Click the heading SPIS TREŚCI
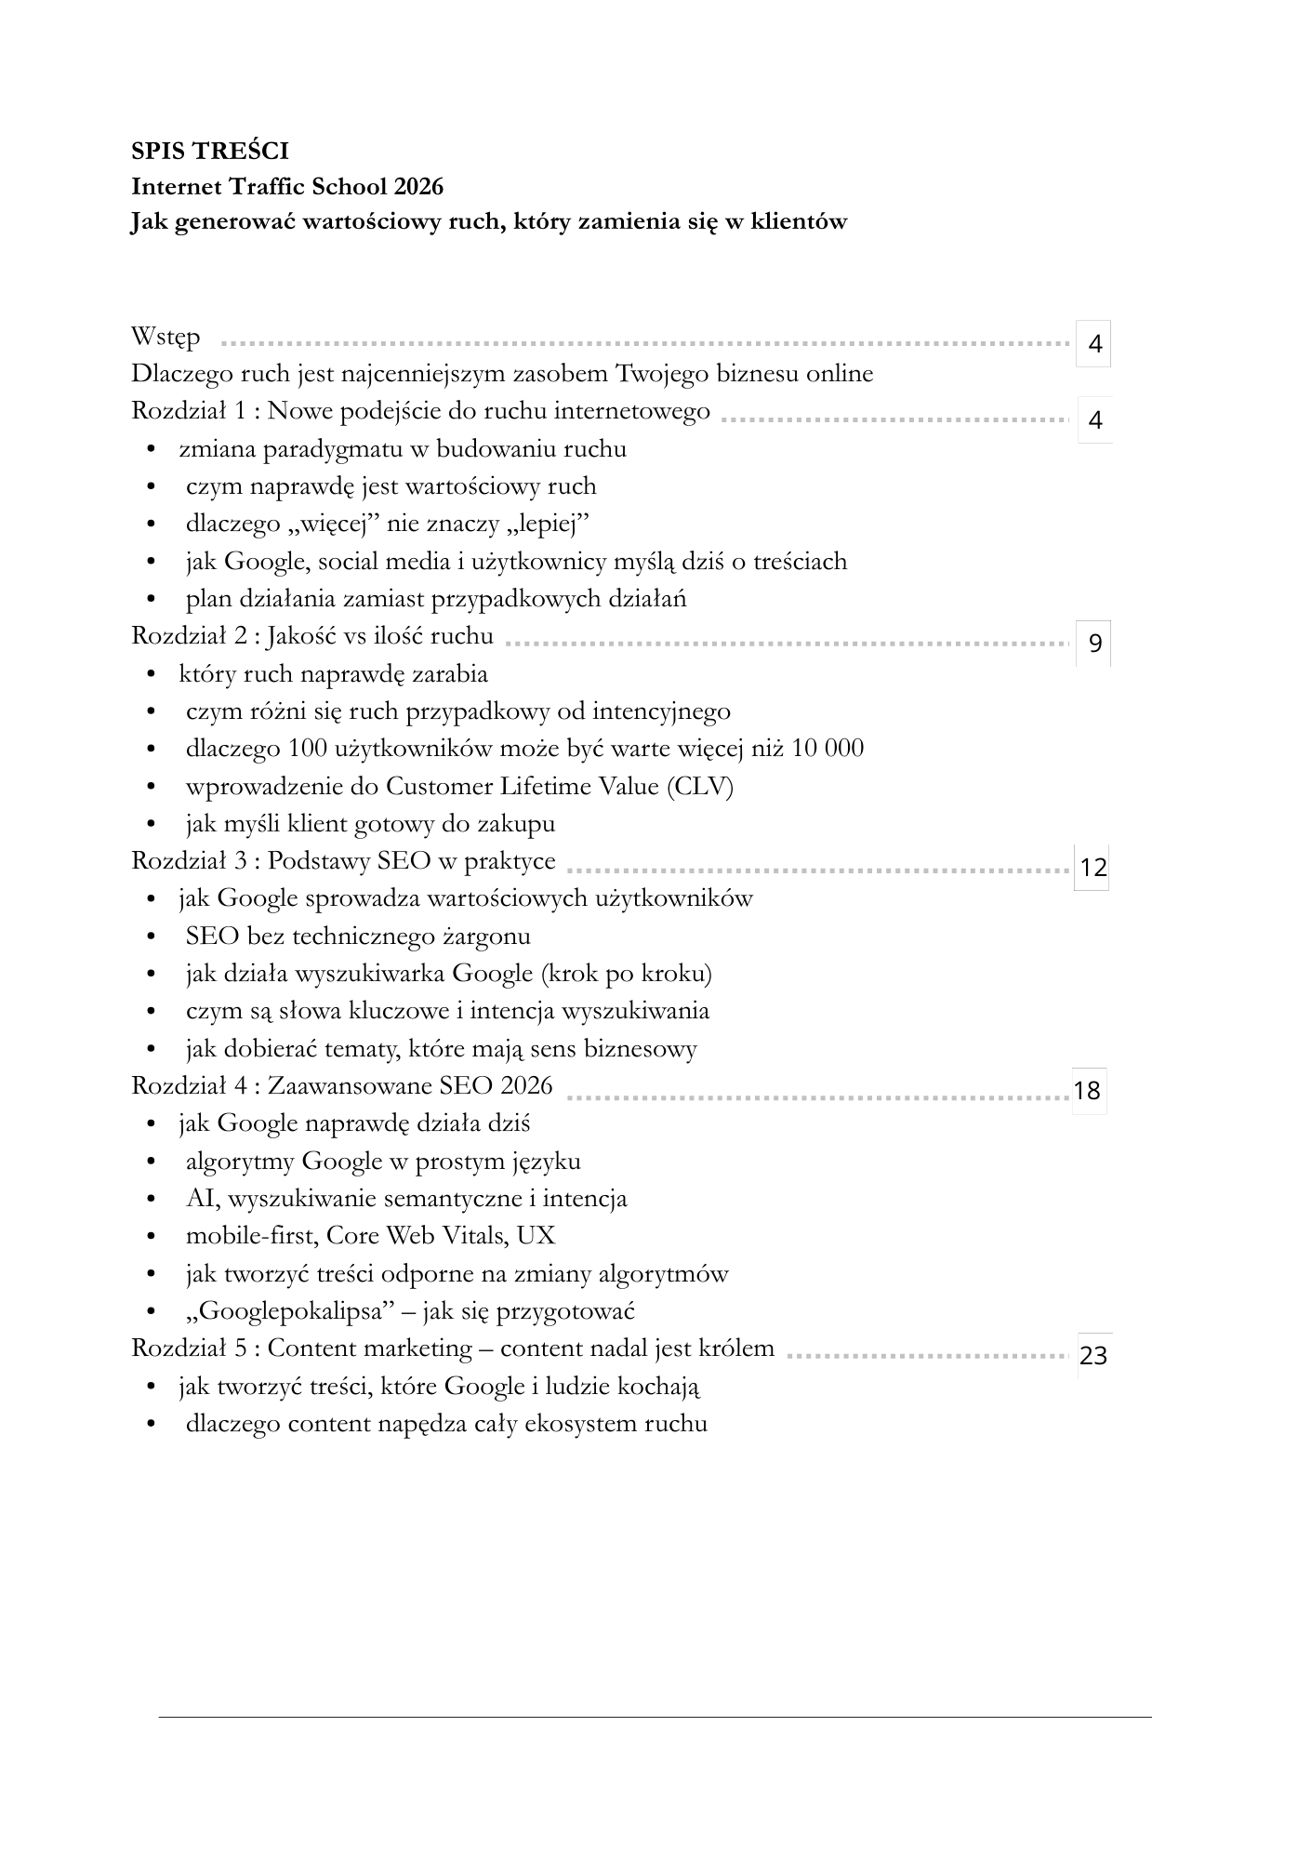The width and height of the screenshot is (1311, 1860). pyautogui.click(x=210, y=151)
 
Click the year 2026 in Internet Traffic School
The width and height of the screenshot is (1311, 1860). pyautogui.click(x=417, y=187)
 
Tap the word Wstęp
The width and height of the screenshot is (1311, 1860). pyautogui.click(x=166, y=337)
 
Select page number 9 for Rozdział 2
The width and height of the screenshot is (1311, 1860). pyautogui.click(x=1094, y=643)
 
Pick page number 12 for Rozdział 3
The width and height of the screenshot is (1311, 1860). pyautogui.click(x=1093, y=868)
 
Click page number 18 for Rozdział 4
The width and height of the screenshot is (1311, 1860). pyautogui.click(x=1087, y=1090)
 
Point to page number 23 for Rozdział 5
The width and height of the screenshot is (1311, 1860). pyautogui.click(x=1093, y=1356)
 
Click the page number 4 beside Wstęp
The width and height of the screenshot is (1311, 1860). pyautogui.click(x=1094, y=344)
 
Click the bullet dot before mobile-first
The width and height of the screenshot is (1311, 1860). pyautogui.click(x=151, y=1238)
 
